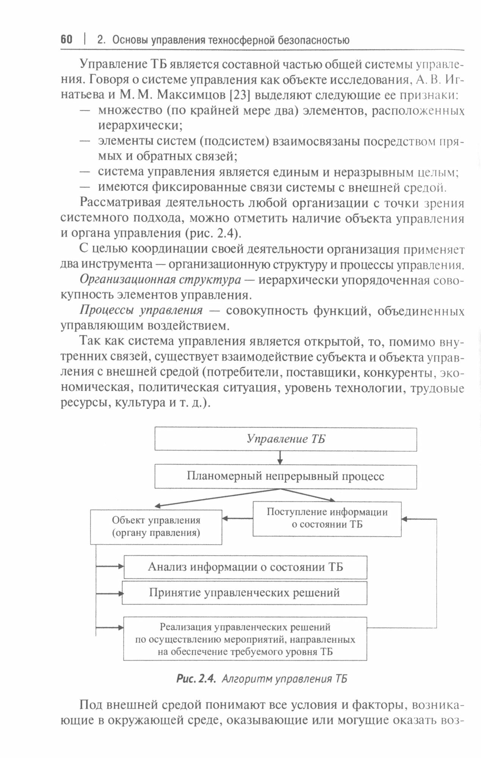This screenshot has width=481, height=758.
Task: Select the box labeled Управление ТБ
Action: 285,439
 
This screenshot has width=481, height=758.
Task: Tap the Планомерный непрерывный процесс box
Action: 285,476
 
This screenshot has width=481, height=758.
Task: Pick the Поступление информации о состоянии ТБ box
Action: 327,518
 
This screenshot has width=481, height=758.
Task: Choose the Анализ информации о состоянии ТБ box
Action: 245,567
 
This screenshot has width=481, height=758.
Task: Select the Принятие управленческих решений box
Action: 244,593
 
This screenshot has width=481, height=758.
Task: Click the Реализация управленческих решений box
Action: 245,639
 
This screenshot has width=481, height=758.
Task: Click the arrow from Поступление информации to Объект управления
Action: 237,518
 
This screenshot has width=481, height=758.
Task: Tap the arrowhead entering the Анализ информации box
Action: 121,567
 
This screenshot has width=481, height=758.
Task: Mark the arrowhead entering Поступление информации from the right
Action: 405,519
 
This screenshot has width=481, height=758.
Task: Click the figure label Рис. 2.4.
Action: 196,679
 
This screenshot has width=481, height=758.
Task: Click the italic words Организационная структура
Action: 160,280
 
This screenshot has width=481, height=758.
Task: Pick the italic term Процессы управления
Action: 141,311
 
